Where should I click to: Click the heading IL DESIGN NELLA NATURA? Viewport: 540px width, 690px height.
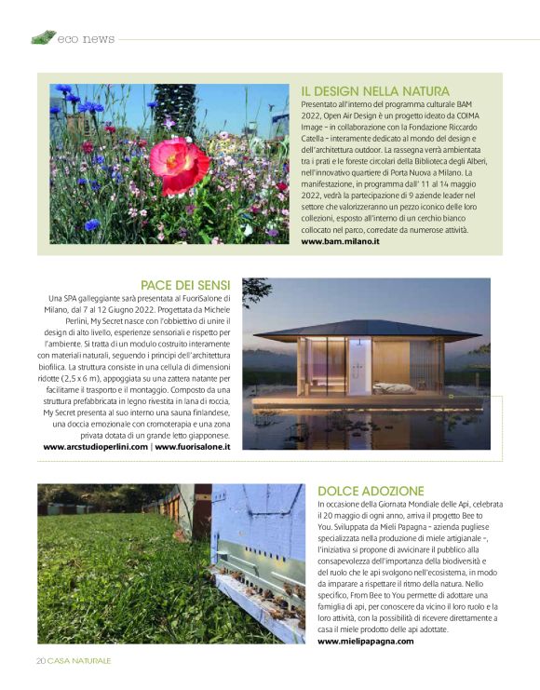pos(375,91)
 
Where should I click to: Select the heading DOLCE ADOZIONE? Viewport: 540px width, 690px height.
pos(371,491)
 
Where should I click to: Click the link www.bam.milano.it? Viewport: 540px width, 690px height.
pos(340,241)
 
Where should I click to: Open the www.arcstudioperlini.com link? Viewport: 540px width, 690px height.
pos(95,447)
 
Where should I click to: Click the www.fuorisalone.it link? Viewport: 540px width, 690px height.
pos(193,447)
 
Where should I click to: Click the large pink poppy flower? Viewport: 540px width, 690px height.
pos(179,164)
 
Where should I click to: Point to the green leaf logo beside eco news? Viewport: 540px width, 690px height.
pos(43,38)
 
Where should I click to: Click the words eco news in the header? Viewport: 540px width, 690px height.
pos(86,39)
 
